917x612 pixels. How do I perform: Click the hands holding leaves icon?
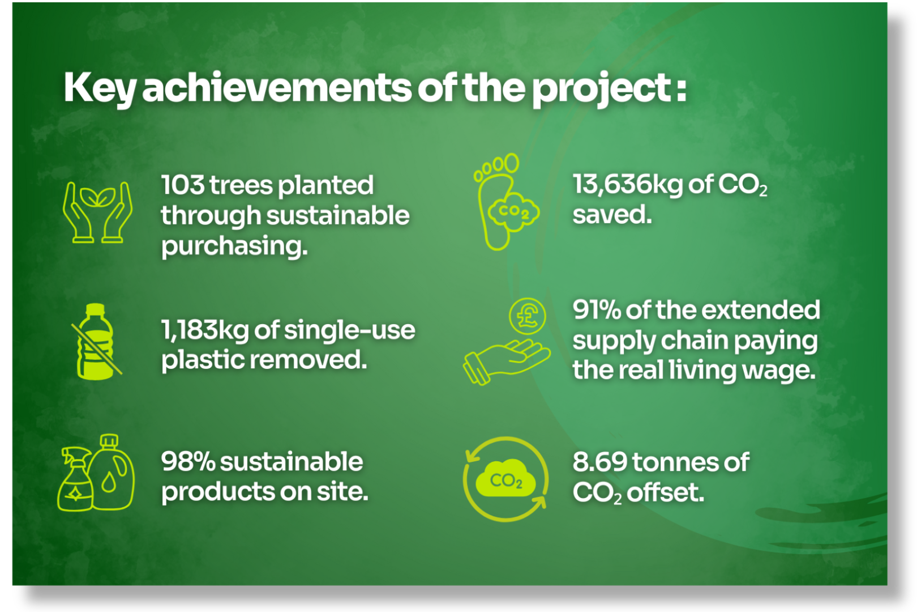pyautogui.click(x=98, y=212)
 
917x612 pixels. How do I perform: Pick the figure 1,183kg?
pyautogui.click(x=205, y=331)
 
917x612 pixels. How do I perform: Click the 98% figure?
pyautogui.click(x=188, y=462)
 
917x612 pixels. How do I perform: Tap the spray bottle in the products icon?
pyautogui.click(x=75, y=479)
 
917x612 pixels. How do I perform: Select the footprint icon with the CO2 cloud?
pyautogui.click(x=507, y=202)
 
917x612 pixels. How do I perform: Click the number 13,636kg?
pyautogui.click(x=628, y=185)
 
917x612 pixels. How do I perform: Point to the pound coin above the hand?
pyautogui.click(x=528, y=316)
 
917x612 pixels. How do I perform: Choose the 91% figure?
pyautogui.click(x=597, y=311)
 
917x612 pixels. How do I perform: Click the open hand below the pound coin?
pyautogui.click(x=507, y=362)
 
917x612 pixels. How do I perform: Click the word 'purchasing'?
pyautogui.click(x=234, y=247)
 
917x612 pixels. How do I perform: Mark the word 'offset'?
pyautogui.click(x=665, y=492)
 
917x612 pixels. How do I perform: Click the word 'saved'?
pyautogui.click(x=612, y=215)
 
